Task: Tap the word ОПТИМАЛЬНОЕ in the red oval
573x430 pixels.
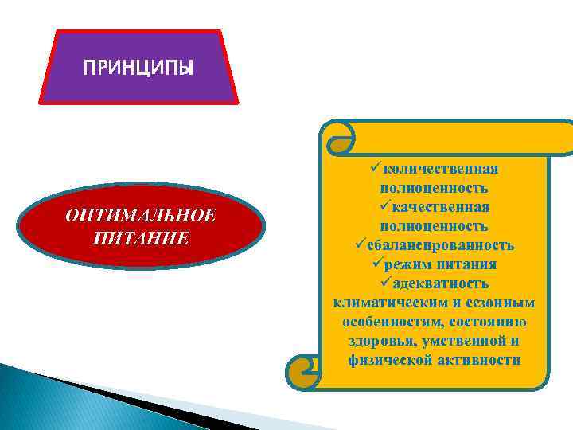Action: pos(141,217)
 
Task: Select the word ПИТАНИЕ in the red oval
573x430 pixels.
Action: pos(141,237)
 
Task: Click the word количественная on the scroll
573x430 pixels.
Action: pos(440,169)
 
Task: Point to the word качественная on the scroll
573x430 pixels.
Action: pos(440,207)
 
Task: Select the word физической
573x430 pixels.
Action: pos(388,360)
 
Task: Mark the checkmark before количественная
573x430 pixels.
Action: pos(375,169)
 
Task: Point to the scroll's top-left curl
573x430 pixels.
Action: pos(337,139)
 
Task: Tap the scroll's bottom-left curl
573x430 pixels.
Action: pos(306,370)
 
